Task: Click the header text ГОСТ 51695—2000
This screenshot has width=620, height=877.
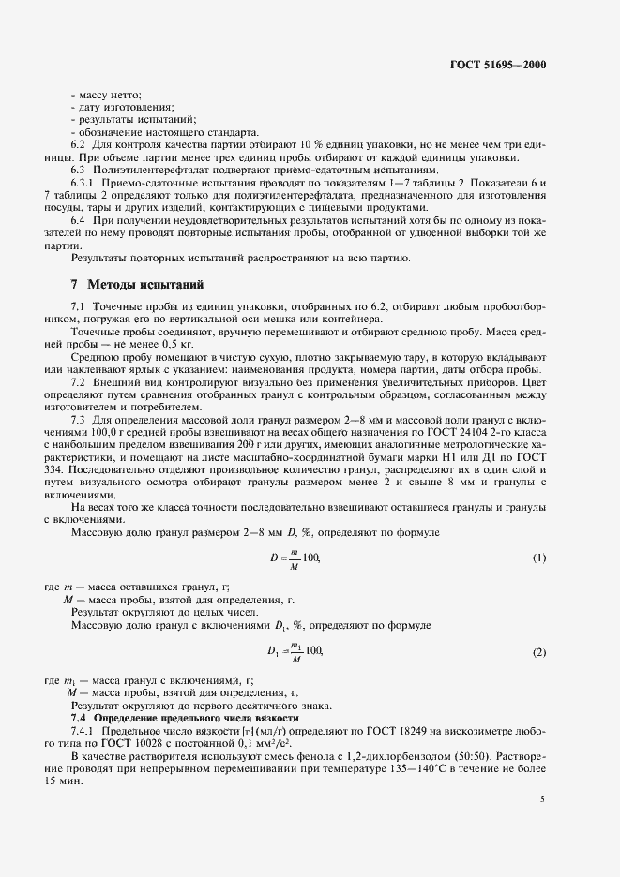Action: [x=498, y=66]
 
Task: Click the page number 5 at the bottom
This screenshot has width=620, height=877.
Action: [x=542, y=799]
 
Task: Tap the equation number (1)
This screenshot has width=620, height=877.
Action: [x=539, y=558]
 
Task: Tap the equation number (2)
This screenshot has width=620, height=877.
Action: [x=539, y=651]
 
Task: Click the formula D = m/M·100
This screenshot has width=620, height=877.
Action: [x=294, y=558]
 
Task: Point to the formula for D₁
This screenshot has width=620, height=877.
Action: [x=294, y=651]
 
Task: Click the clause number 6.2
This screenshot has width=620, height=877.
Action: [x=79, y=147]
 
